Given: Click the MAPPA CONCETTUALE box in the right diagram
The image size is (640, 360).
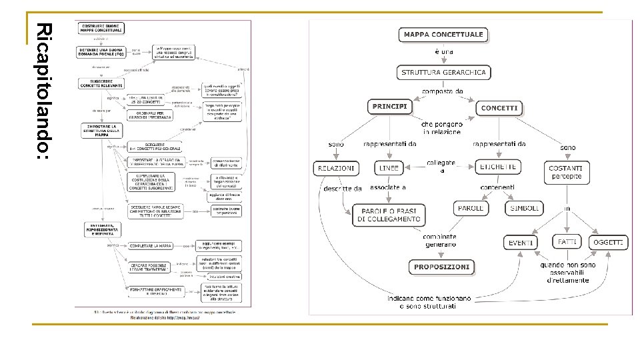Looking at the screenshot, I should tap(443, 35).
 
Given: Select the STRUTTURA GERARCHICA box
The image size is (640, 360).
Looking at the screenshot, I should tap(443, 72).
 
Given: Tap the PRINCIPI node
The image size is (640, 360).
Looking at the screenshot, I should tap(390, 107).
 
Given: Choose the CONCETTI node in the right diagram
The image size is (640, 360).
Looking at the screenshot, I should tap(499, 108).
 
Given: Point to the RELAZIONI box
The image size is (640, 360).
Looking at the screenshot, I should tap(336, 169).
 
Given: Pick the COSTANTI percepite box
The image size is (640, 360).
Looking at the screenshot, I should tap(566, 172).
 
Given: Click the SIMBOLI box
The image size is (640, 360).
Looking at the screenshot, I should tap(525, 208).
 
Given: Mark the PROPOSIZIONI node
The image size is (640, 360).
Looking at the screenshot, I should tap(442, 267).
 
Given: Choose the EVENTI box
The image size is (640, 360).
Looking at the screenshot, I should tap(520, 243).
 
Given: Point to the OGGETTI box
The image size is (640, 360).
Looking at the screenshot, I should tap(609, 243).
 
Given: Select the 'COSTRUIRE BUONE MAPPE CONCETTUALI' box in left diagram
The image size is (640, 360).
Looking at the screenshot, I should tap(102, 27).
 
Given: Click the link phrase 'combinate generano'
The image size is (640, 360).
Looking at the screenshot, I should tap(439, 241).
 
